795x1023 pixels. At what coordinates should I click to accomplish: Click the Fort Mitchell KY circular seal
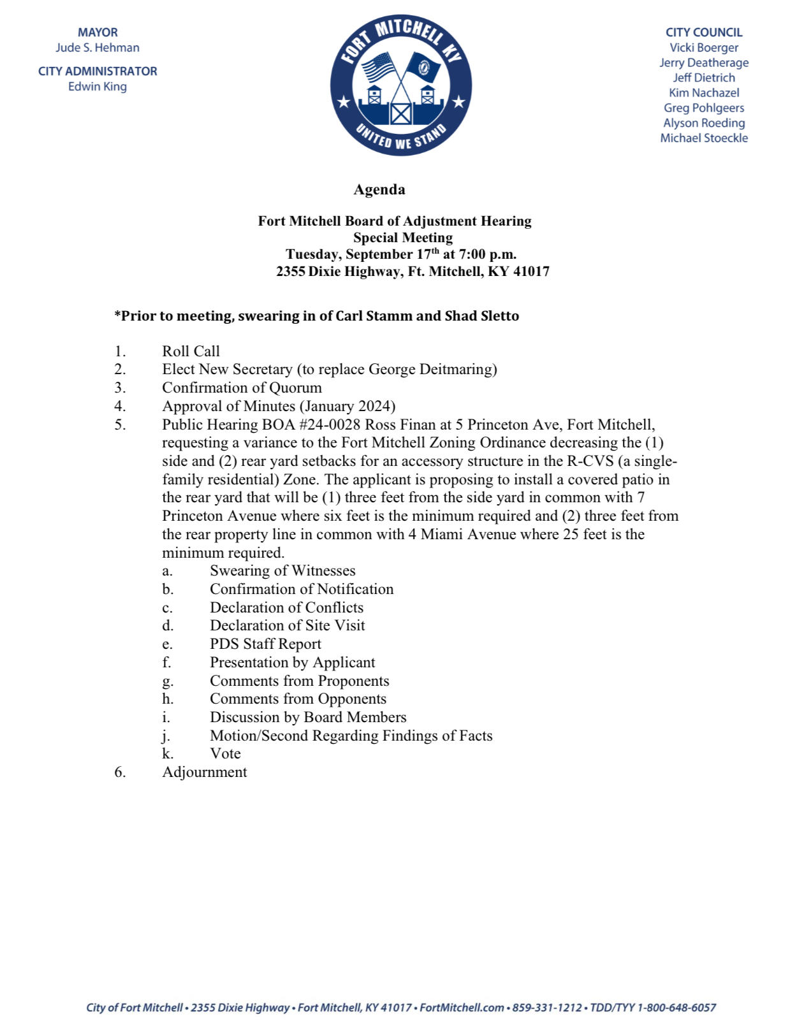coord(401,85)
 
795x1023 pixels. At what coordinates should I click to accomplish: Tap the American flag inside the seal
coord(379,66)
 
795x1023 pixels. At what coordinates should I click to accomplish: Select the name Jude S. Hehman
coord(98,48)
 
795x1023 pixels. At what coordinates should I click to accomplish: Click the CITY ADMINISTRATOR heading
coord(98,71)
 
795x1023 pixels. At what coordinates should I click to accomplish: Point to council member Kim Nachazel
coord(704,93)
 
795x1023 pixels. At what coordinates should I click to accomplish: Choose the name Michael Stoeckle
coord(704,138)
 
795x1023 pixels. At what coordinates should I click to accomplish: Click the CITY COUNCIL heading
coord(704,33)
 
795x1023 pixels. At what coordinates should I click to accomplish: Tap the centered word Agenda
coord(379,190)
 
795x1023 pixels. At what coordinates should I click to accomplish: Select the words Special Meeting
coord(403,238)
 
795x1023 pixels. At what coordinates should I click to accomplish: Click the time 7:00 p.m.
coord(488,254)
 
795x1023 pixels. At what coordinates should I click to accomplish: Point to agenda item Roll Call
coord(191,351)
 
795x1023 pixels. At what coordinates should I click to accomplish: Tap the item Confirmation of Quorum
coord(242,388)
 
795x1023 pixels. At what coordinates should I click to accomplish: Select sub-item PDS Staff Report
coord(265,644)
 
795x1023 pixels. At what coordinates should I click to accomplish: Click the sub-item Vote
coord(225,754)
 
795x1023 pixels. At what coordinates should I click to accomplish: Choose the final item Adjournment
coord(204,773)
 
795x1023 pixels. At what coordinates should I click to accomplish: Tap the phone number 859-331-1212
coord(547,1008)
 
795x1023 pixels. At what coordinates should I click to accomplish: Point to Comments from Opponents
coord(298,699)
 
